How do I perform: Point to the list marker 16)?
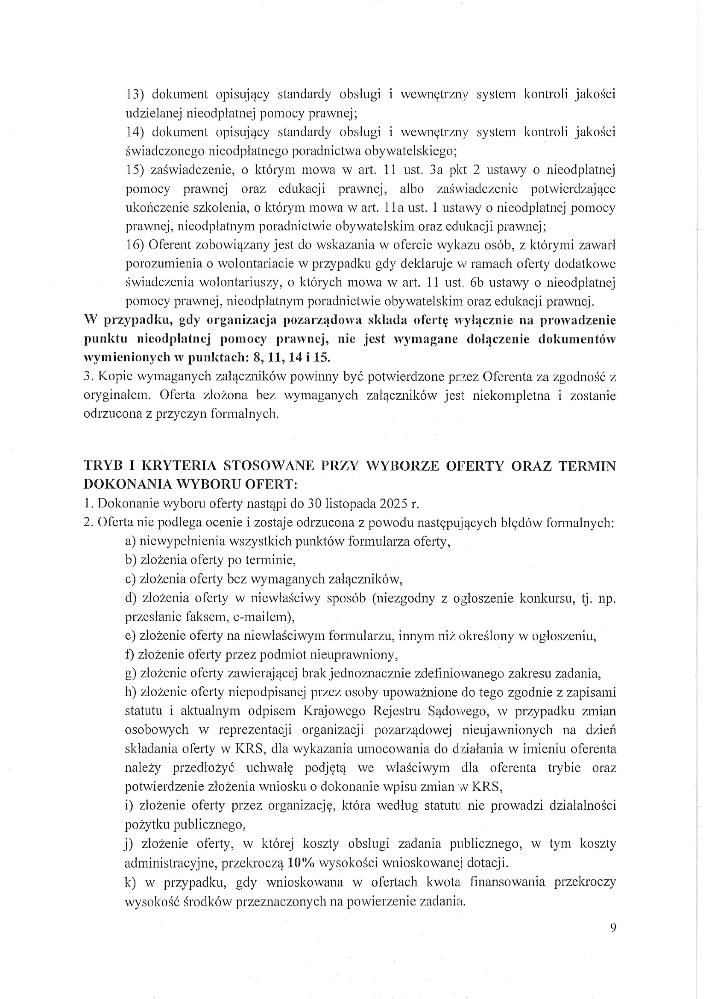coord(135,245)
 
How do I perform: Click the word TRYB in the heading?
coord(101,466)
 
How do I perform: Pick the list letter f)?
coord(130,654)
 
